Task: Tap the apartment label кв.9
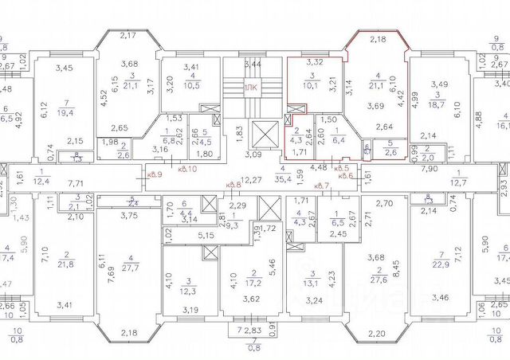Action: pos(155,174)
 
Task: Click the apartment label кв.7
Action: pos(323,186)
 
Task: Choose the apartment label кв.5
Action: pos(344,169)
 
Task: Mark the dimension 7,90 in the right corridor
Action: pos(430,169)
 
